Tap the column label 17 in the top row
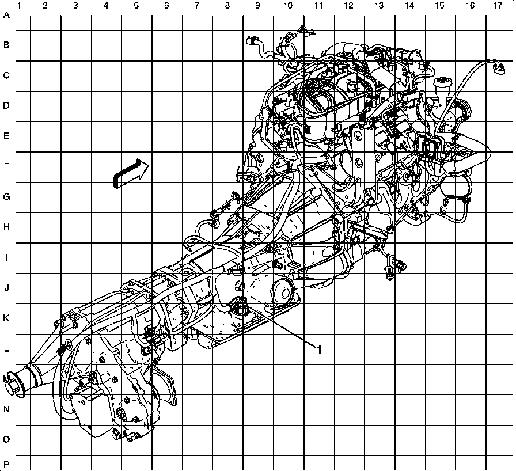click(x=497, y=6)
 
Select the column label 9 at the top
click(x=257, y=6)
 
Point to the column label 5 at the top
click(x=136, y=6)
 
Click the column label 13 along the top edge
click(x=378, y=6)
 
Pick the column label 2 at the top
click(x=45, y=6)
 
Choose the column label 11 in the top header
click(x=318, y=6)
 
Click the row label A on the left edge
click(x=7, y=16)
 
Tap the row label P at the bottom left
click(x=7, y=464)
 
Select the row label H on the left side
click(x=7, y=227)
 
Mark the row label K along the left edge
click(x=7, y=318)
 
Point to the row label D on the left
click(x=7, y=106)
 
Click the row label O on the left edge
click(x=7, y=439)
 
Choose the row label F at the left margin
click(x=7, y=166)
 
